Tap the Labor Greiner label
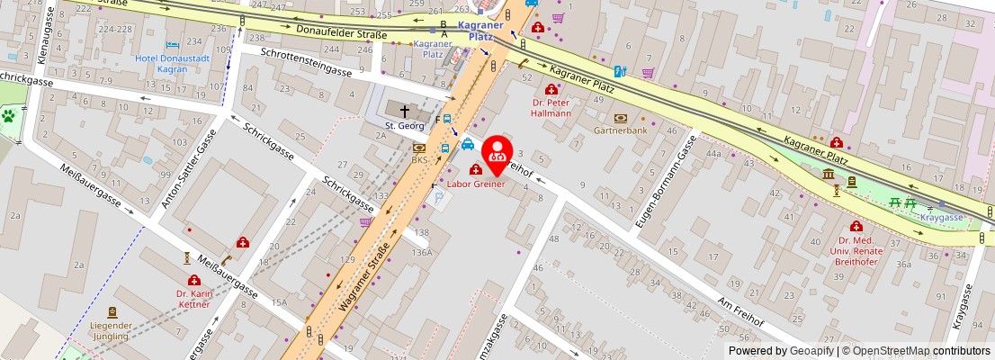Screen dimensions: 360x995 476,184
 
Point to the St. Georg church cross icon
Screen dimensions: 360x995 404,110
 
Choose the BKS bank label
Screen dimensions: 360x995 419,159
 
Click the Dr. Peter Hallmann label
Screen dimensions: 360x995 551,108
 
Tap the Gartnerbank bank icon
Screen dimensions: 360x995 621,118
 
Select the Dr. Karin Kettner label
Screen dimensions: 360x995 193,298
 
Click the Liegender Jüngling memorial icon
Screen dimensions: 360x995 112,312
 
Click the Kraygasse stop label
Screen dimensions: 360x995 942,217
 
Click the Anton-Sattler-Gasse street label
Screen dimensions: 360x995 188,169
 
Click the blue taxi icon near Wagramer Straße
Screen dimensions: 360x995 467,144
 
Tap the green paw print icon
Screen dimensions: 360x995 9,116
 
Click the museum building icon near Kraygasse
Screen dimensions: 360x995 828,174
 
